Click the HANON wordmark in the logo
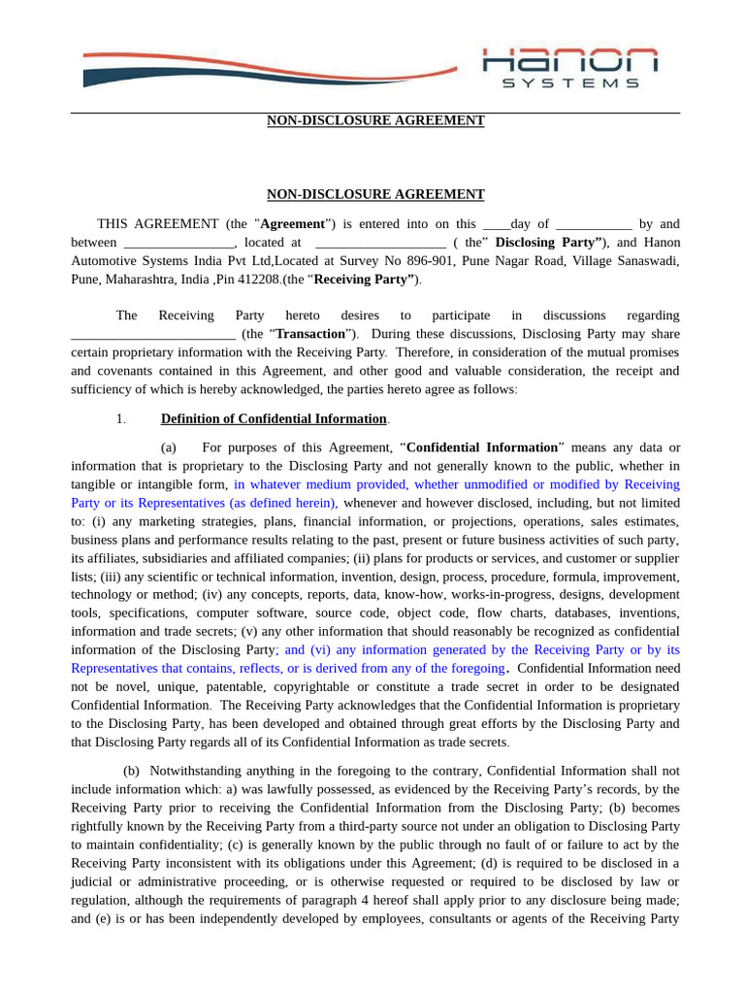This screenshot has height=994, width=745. (570, 60)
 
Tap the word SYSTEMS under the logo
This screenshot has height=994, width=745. (570, 83)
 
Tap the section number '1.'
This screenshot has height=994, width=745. (120, 419)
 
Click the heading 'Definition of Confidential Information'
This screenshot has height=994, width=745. (274, 419)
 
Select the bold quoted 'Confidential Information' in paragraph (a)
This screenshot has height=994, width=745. (482, 447)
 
